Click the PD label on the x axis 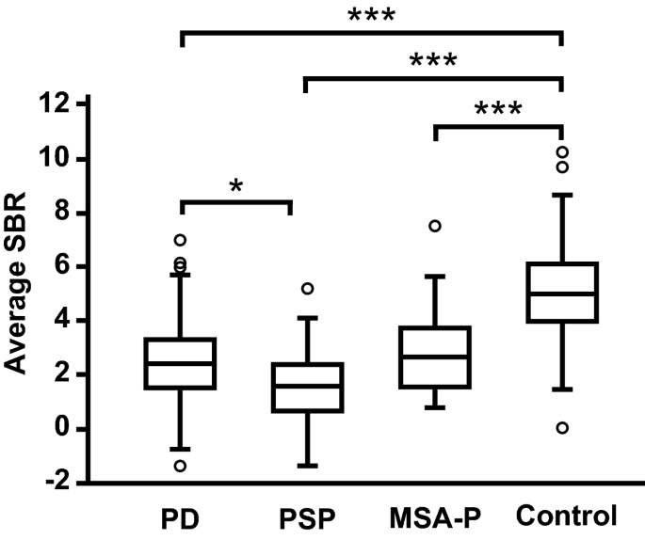click(179, 516)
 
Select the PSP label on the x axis click(307, 516)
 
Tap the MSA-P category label click(435, 516)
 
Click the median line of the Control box click(562, 294)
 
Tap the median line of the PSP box click(307, 386)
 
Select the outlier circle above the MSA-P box click(435, 226)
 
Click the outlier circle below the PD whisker click(180, 466)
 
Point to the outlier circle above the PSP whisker click(307, 288)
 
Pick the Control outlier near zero click(562, 428)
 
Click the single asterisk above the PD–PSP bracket click(235, 185)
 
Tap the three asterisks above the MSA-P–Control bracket click(498, 109)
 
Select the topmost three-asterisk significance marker click(371, 16)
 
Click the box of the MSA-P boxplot click(435, 357)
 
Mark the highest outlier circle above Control click(562, 152)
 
